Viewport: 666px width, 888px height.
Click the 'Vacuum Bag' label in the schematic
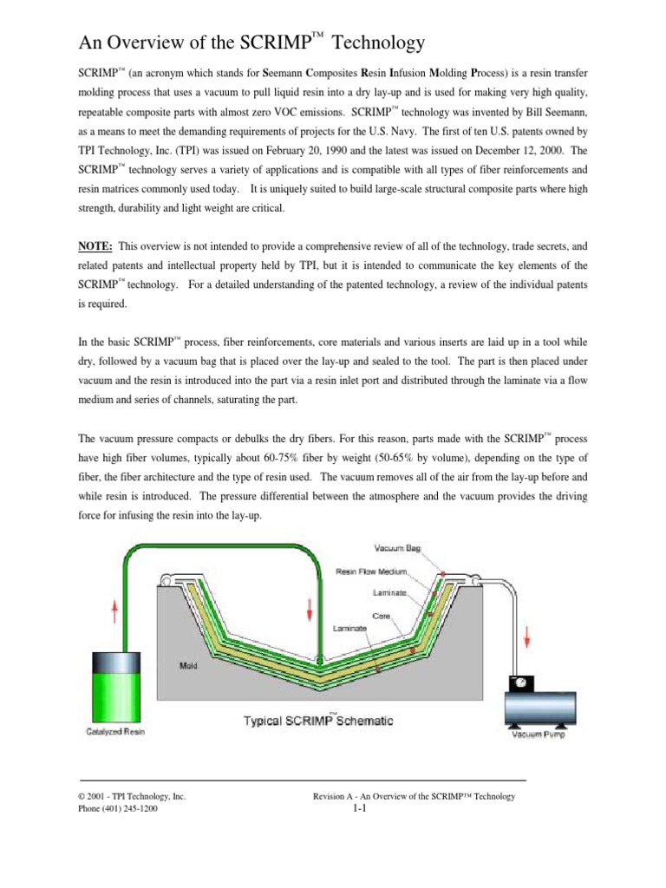pos(398,548)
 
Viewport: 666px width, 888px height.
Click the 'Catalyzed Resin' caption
pos(115,732)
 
